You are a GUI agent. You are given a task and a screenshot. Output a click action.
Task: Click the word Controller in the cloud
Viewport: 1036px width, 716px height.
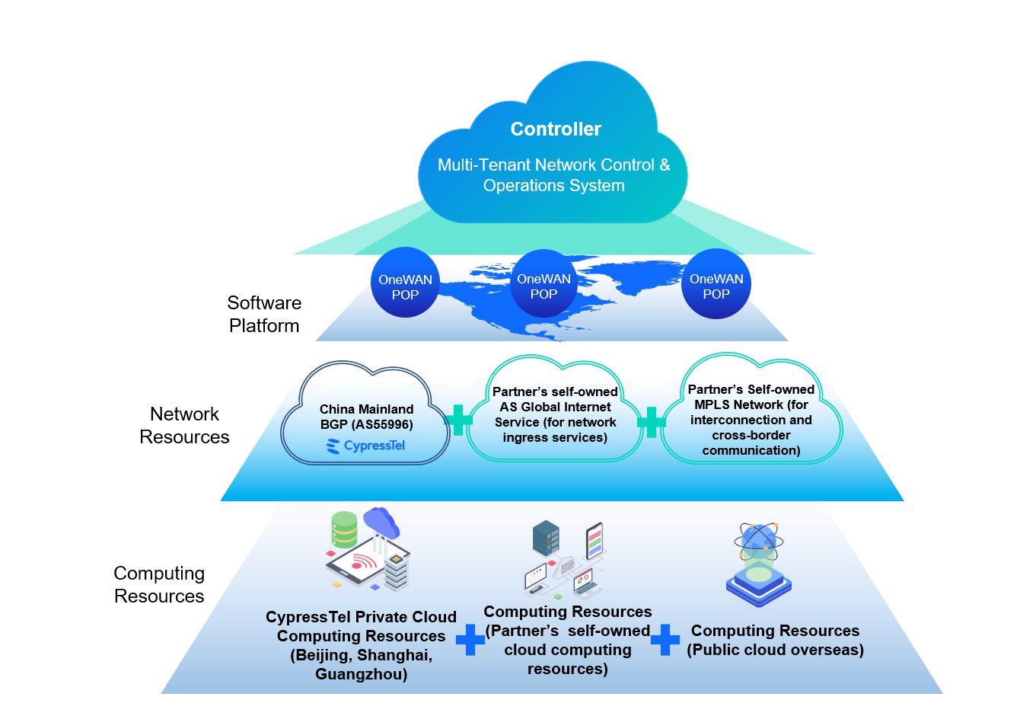[556, 129]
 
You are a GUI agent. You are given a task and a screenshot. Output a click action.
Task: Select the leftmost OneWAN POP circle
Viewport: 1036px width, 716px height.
[405, 283]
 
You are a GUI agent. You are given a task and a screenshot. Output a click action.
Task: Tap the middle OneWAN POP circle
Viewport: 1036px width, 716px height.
[544, 283]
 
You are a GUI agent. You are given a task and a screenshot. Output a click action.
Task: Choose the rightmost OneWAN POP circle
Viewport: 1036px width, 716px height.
[716, 283]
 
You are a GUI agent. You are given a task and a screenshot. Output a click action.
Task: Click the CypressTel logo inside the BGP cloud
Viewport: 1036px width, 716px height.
[366, 446]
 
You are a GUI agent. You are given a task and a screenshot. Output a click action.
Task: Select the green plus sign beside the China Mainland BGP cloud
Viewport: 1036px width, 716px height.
[457, 420]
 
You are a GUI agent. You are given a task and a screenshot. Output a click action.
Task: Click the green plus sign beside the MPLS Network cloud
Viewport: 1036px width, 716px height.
[651, 422]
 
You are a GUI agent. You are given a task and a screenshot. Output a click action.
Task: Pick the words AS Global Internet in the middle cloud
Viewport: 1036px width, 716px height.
[555, 407]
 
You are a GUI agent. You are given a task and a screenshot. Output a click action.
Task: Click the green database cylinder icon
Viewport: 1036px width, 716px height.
[344, 529]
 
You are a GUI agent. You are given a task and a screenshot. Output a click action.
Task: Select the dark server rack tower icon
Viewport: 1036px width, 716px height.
[546, 538]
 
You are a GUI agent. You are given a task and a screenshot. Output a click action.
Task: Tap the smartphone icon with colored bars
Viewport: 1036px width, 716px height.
[595, 541]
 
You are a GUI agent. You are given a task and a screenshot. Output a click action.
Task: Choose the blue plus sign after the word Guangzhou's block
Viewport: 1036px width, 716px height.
[470, 640]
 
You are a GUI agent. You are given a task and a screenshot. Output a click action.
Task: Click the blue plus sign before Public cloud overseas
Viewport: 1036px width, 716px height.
[665, 640]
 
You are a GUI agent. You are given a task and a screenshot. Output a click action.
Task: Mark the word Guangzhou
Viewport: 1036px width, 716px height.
[361, 674]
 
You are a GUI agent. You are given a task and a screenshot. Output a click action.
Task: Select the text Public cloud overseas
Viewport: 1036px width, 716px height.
[775, 650]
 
